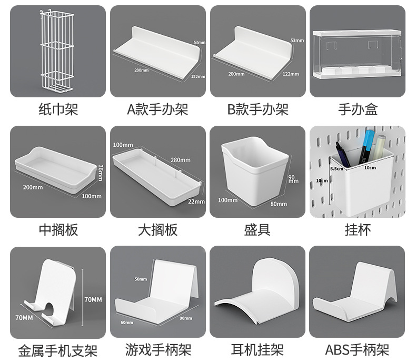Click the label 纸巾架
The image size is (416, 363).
click(x=58, y=109)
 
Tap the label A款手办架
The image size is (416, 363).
click(x=157, y=109)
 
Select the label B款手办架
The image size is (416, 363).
click(x=257, y=109)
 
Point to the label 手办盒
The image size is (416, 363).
click(x=358, y=109)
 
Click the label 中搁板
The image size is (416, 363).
click(x=58, y=230)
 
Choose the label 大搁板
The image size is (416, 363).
click(x=157, y=230)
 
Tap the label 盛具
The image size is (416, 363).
click(x=257, y=230)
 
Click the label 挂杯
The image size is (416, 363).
click(x=358, y=230)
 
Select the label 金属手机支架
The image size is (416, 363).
click(x=58, y=350)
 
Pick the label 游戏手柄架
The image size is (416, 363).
click(x=157, y=349)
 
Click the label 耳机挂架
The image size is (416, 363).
click(x=257, y=349)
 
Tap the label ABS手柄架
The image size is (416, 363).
click(x=358, y=349)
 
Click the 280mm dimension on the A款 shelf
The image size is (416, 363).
click(x=141, y=70)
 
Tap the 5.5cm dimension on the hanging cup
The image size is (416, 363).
click(x=337, y=168)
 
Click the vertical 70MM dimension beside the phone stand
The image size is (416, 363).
click(x=93, y=299)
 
